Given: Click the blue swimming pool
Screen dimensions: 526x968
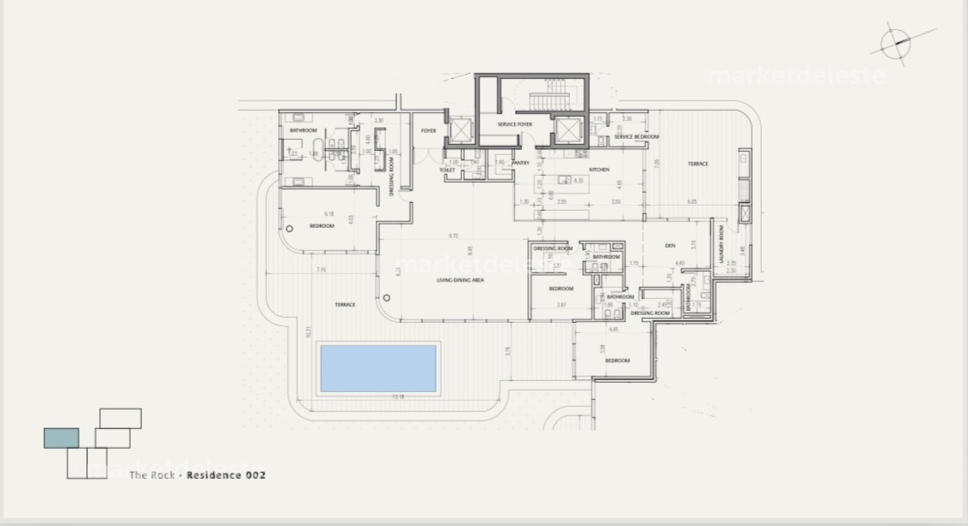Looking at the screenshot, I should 378,368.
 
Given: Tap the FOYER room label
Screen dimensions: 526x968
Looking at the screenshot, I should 429,131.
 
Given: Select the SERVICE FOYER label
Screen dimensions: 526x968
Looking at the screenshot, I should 515,124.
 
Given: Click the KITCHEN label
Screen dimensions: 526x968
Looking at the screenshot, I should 599,169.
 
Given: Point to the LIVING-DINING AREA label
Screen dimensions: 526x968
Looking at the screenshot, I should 460,280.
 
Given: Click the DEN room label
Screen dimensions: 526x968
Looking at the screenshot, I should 670,246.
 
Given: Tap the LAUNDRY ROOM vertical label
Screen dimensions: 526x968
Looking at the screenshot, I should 721,244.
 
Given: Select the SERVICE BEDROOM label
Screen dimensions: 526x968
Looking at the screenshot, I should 636,137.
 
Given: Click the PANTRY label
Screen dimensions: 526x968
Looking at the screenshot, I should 521,163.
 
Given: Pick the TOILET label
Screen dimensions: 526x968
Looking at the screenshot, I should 447,170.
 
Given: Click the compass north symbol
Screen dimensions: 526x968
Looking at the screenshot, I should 896,43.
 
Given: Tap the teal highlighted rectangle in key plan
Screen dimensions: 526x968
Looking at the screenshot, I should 61,438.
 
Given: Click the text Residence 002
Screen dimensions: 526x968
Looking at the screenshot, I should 226,475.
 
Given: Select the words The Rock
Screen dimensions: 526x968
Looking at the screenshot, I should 152,475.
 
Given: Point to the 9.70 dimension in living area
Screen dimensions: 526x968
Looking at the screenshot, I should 453,236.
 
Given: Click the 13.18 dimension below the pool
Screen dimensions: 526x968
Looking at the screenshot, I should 398,397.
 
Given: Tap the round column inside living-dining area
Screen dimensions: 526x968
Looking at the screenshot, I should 387,298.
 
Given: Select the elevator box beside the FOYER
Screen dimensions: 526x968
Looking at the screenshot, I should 460,131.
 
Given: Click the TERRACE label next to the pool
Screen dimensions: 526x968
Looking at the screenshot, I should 345,305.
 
